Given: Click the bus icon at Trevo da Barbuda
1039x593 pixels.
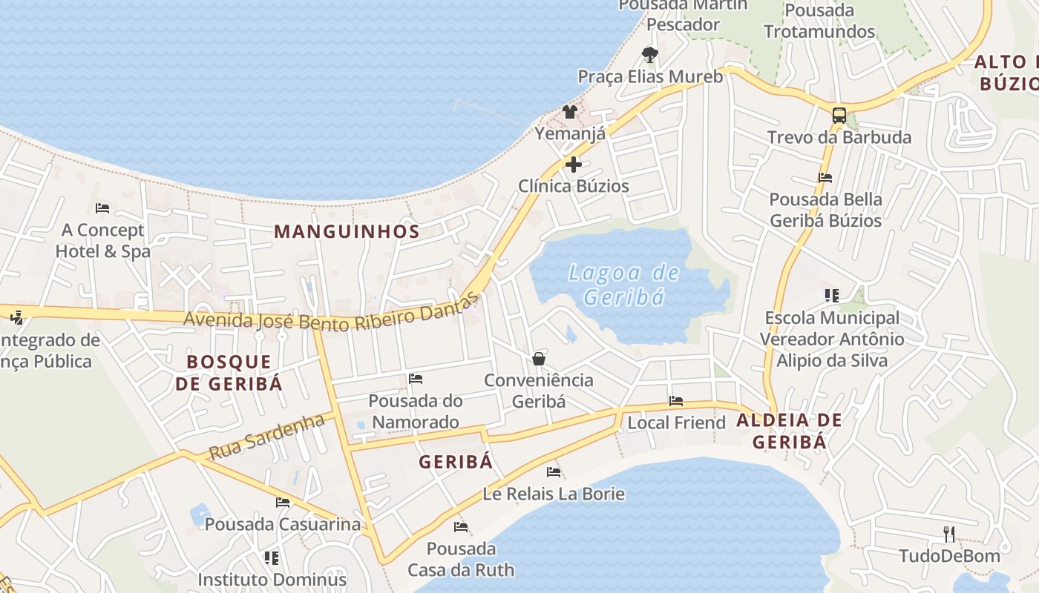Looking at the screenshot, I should pyautogui.click(x=839, y=116).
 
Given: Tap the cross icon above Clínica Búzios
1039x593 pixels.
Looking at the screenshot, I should pyautogui.click(x=574, y=165).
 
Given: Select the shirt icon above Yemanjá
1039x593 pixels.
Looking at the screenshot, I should pyautogui.click(x=569, y=112).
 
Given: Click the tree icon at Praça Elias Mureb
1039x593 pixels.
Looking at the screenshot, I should pyautogui.click(x=649, y=54).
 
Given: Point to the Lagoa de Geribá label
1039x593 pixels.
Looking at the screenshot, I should pyautogui.click(x=623, y=285).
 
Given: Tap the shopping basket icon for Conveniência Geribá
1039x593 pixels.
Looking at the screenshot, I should pyautogui.click(x=539, y=359).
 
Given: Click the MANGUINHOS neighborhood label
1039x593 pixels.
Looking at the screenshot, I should pyautogui.click(x=347, y=231).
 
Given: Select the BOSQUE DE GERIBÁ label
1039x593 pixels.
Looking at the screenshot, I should pyautogui.click(x=235, y=373).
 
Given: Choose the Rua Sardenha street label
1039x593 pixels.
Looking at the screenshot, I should pyautogui.click(x=266, y=437).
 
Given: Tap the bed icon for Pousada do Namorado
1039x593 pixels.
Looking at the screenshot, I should pyautogui.click(x=416, y=379).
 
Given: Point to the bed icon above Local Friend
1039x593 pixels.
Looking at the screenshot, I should pyautogui.click(x=676, y=401).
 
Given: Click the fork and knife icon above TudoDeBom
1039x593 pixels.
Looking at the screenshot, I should pyautogui.click(x=948, y=534).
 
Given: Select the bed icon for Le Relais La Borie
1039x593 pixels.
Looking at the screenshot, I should pyautogui.click(x=554, y=472).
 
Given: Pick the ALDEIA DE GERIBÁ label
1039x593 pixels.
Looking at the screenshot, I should pyautogui.click(x=789, y=431).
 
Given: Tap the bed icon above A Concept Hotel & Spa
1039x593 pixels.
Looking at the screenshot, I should pyautogui.click(x=102, y=208).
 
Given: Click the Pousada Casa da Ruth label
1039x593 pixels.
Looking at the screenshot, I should pyautogui.click(x=460, y=560).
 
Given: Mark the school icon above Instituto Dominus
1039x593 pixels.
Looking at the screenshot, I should pyautogui.click(x=272, y=557).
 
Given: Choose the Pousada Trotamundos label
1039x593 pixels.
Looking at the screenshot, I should pyautogui.click(x=819, y=21).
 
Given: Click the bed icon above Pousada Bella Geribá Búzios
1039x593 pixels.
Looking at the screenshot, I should pyautogui.click(x=825, y=178).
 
